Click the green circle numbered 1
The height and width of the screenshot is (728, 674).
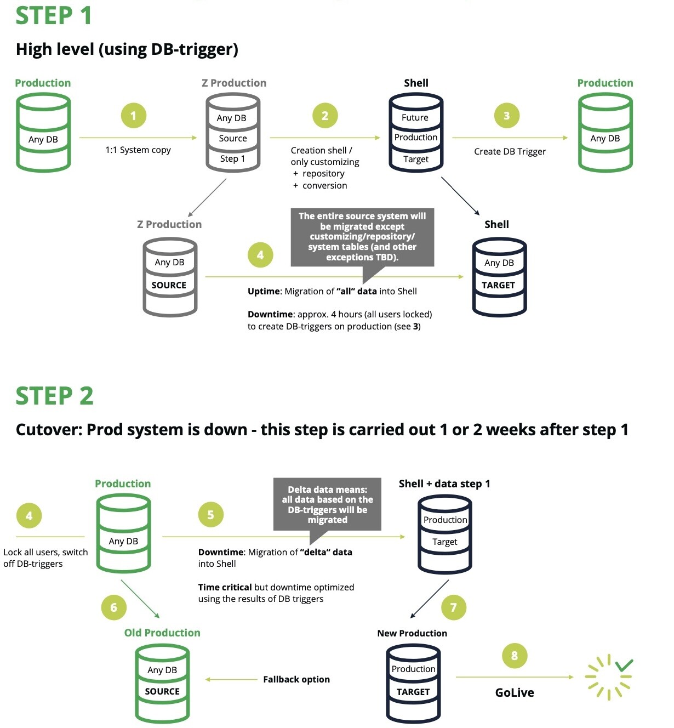click(133, 116)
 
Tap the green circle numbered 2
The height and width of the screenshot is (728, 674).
click(325, 116)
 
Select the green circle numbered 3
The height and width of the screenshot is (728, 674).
click(506, 116)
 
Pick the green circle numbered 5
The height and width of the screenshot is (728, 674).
click(210, 515)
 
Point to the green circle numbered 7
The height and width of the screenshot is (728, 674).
click(453, 607)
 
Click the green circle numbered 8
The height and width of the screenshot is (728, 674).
click(514, 656)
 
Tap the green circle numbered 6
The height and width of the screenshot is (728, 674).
click(113, 607)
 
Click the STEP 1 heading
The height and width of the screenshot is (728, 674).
click(53, 15)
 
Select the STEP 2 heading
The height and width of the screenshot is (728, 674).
click(54, 396)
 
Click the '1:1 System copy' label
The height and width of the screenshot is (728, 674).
click(138, 150)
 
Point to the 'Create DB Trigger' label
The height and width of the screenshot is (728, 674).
click(510, 152)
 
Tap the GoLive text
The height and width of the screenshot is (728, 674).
click(514, 692)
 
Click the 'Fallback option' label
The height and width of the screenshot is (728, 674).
click(296, 680)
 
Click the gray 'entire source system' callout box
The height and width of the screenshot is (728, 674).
click(362, 237)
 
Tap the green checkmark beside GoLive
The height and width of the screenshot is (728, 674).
click(624, 665)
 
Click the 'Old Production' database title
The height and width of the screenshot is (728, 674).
click(162, 633)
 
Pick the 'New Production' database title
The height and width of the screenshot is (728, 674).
click(412, 633)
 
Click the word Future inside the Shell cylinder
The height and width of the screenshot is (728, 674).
click(415, 117)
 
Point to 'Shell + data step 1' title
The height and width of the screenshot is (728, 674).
click(444, 484)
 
